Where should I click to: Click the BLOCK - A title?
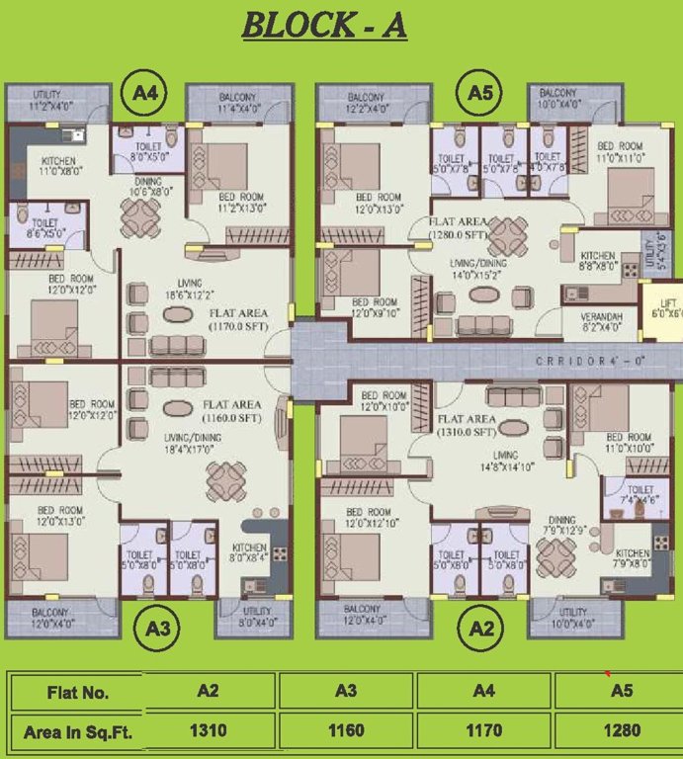(x=324, y=26)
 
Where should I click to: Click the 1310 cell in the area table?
(x=208, y=731)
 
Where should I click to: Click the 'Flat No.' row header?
(x=77, y=692)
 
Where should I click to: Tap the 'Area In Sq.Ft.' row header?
(x=77, y=731)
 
